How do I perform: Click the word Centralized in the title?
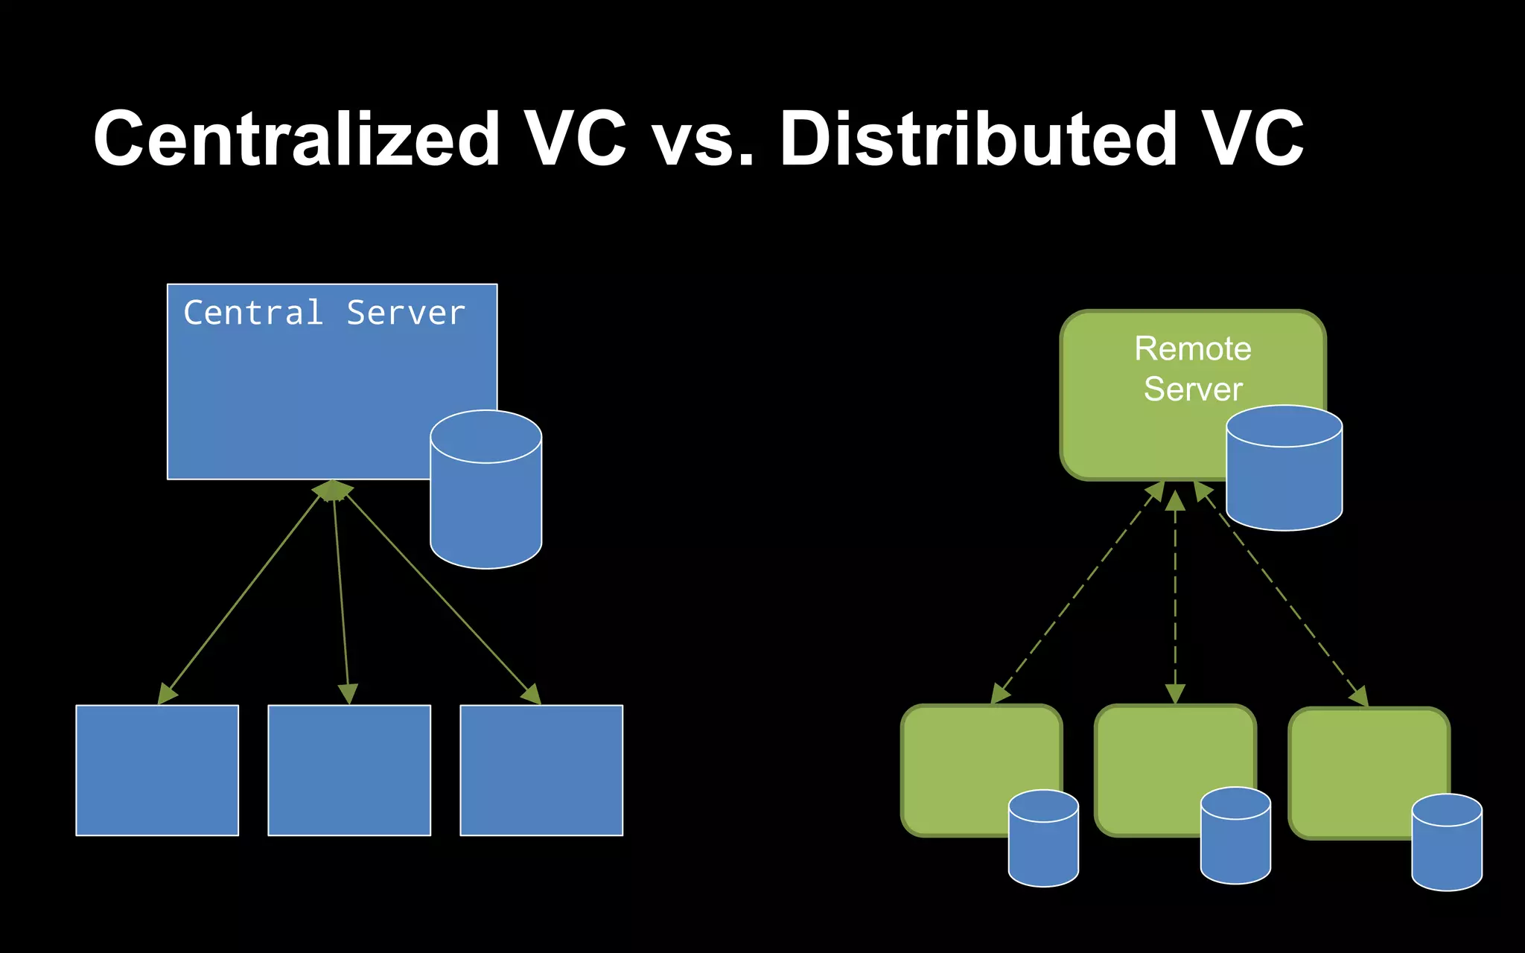[x=296, y=139]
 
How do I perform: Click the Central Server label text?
[x=324, y=313]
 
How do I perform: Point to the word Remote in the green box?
[x=1192, y=348]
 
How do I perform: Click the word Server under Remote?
[x=1192, y=389]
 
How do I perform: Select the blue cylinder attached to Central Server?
[x=485, y=499]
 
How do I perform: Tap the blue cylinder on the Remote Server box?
[x=1284, y=476]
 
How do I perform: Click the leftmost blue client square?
[x=157, y=770]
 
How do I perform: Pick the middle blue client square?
[x=349, y=770]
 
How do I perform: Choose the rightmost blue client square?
[x=541, y=770]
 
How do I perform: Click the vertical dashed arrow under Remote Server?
[x=1175, y=596]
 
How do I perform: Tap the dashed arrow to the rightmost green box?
[x=1284, y=596]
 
